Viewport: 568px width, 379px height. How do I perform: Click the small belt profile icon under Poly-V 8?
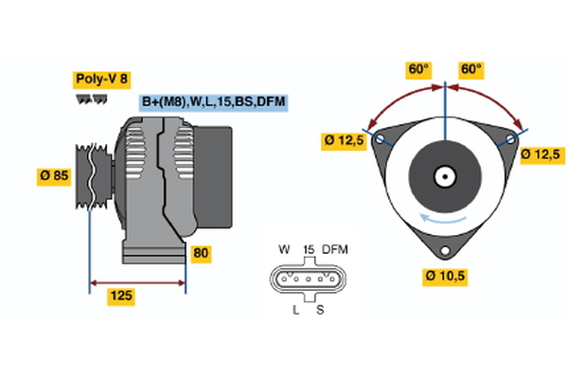pyautogui.click(x=91, y=99)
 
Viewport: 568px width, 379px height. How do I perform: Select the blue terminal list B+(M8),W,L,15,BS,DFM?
pyautogui.click(x=213, y=101)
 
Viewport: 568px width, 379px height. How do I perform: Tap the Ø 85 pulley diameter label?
pyautogui.click(x=55, y=175)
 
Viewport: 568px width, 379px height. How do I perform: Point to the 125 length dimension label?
pyautogui.click(x=120, y=297)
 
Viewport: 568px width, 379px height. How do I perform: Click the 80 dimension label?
pyautogui.click(x=201, y=254)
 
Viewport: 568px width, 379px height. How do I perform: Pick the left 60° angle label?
pyautogui.click(x=417, y=69)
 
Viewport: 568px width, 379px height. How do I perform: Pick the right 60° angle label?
pyautogui.click(x=470, y=69)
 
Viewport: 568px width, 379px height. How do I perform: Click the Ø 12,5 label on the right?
pyautogui.click(x=541, y=153)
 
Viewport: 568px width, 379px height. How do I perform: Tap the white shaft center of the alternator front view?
pyautogui.click(x=443, y=176)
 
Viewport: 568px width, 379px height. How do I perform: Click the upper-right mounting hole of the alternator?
pyautogui.click(x=509, y=139)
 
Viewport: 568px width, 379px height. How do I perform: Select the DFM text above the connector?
pyautogui.click(x=336, y=249)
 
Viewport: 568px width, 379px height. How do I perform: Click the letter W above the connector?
pyautogui.click(x=283, y=249)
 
